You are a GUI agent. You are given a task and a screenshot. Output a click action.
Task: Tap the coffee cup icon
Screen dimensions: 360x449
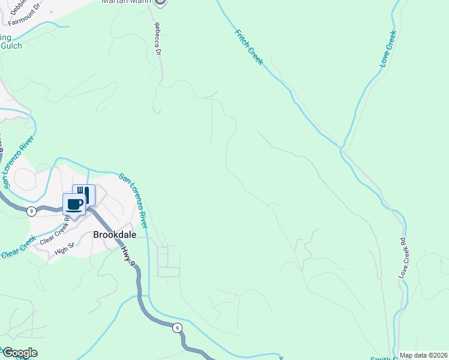click(x=74, y=204)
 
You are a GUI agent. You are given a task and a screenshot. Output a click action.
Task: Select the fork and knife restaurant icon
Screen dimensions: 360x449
click(x=84, y=194)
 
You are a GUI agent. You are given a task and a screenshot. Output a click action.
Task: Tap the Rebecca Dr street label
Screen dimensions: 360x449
click(x=158, y=40)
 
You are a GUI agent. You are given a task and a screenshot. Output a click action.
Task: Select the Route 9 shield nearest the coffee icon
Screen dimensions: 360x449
click(x=30, y=210)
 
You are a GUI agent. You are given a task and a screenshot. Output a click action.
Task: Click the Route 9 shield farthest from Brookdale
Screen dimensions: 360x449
click(x=176, y=328)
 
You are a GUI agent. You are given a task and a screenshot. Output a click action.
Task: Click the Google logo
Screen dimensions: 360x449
click(x=19, y=353)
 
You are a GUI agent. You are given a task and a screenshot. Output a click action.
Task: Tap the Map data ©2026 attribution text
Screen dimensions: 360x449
click(x=423, y=355)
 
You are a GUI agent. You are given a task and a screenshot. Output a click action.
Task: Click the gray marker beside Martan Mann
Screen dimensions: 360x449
click(x=159, y=3)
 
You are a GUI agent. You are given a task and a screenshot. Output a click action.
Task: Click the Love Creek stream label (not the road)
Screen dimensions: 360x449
click(x=388, y=49)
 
